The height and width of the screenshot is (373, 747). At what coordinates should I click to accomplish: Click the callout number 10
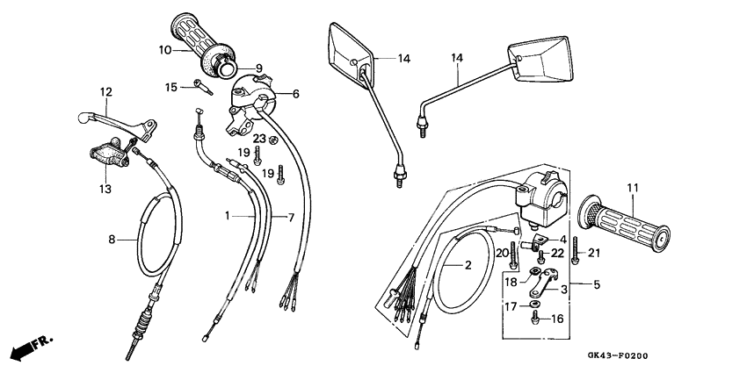coord(165,51)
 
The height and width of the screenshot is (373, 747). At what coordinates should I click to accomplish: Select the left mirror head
coord(349,50)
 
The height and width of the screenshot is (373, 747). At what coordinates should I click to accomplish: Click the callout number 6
coord(295,94)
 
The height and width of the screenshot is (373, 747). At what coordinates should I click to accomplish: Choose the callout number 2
coord(468,264)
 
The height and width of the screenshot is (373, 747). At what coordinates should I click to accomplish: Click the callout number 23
coord(259,139)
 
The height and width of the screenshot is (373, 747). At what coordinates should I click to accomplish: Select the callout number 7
coord(280,216)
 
